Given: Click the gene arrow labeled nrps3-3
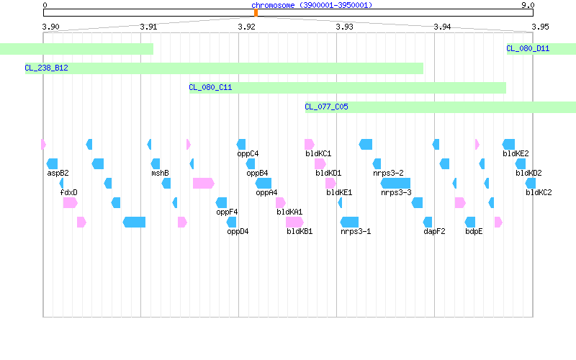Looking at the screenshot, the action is click(x=395, y=183).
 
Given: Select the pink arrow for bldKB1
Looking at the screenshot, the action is click(x=294, y=222).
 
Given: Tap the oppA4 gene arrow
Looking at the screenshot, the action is click(x=264, y=183).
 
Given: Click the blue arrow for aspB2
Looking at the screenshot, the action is click(x=52, y=163).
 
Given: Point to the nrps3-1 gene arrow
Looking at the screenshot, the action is click(x=349, y=222).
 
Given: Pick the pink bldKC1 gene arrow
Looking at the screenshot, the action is click(x=310, y=144).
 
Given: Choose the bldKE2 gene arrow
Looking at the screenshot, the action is click(x=508, y=144).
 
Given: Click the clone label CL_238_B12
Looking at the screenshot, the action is click(x=46, y=68).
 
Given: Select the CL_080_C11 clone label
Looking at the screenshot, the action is click(x=210, y=87).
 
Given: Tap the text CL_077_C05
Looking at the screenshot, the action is click(x=327, y=107).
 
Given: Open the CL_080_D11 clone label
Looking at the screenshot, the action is click(x=528, y=48).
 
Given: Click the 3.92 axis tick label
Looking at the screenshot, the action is click(x=246, y=27).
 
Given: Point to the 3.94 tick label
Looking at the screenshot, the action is click(x=442, y=27).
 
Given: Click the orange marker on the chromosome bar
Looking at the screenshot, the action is click(x=256, y=13).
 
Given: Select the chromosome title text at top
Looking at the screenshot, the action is click(x=312, y=5).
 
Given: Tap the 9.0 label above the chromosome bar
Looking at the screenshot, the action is click(x=528, y=5).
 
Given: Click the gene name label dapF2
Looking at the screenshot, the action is click(x=434, y=231).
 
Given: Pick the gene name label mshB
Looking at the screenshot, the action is click(x=160, y=173).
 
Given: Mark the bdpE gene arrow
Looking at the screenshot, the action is click(x=470, y=222).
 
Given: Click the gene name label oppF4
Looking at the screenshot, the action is click(x=227, y=212).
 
